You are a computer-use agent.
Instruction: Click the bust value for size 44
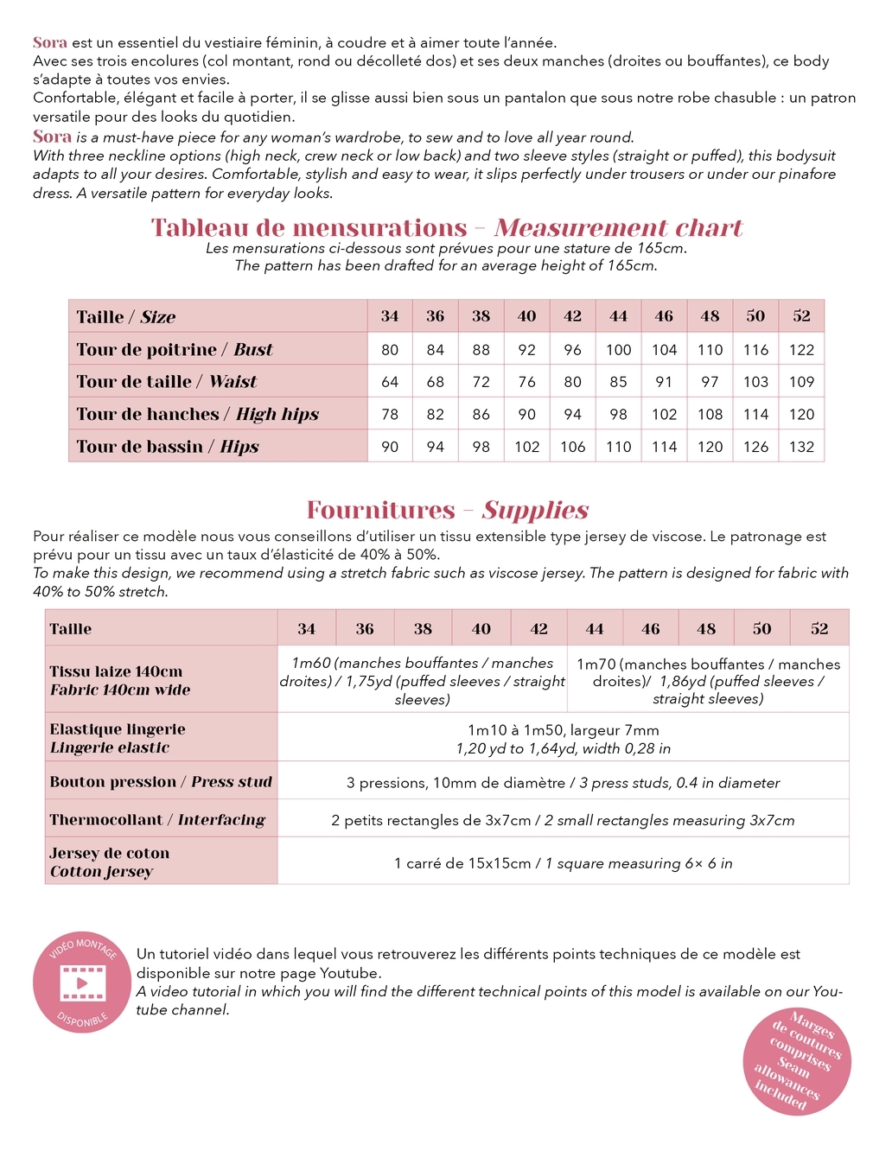click(x=618, y=350)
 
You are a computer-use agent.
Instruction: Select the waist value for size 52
click(x=801, y=382)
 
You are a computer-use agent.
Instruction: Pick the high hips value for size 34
click(x=390, y=415)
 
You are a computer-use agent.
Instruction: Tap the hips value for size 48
click(x=710, y=447)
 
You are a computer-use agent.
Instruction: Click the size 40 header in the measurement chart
click(x=526, y=316)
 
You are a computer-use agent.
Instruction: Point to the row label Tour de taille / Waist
click(x=166, y=382)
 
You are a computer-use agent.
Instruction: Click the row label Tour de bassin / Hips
click(x=167, y=447)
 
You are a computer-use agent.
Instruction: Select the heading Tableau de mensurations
click(x=309, y=228)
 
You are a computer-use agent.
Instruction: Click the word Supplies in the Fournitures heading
click(x=535, y=510)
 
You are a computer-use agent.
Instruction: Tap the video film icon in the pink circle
click(x=82, y=983)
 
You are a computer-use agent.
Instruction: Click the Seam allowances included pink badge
click(x=797, y=1060)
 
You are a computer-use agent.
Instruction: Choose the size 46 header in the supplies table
click(x=650, y=629)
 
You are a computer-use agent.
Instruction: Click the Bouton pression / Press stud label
click(x=160, y=782)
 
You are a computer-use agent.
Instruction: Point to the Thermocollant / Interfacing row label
click(x=156, y=820)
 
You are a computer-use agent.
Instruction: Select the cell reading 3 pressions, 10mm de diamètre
click(x=563, y=783)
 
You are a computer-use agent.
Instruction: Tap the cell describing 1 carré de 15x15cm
click(x=563, y=863)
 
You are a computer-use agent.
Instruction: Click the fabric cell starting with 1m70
click(x=708, y=681)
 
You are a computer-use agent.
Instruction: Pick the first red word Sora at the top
click(x=50, y=42)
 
